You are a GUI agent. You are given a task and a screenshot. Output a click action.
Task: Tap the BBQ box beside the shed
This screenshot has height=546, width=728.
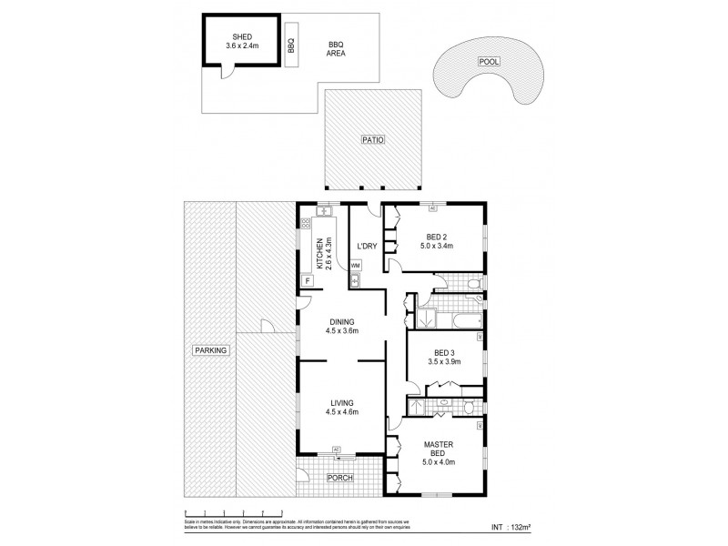(x=290, y=41)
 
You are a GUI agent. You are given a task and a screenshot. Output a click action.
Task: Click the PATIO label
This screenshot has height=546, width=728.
(x=375, y=140)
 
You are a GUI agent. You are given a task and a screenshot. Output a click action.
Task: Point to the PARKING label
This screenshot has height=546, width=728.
(x=209, y=349)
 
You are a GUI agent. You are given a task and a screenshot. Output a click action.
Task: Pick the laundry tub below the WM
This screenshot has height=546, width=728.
(x=356, y=280)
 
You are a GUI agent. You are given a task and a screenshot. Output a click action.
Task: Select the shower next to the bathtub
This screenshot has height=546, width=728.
(x=424, y=319)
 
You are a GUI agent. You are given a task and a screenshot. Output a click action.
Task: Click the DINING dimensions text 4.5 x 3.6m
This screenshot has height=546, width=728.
(x=342, y=331)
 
